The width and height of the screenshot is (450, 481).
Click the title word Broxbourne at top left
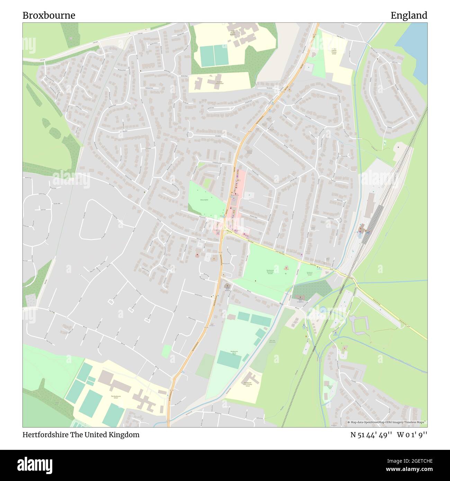[x=49, y=16]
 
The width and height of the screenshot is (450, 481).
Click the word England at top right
[x=409, y=16]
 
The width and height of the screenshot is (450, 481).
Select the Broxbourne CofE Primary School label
[x=247, y=384]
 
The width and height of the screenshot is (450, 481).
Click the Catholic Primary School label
[x=334, y=52]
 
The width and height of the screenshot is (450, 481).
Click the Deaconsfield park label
[x=204, y=200]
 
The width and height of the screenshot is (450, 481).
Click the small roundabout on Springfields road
[x=190, y=134]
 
